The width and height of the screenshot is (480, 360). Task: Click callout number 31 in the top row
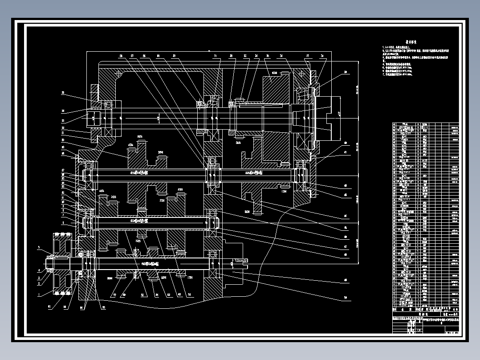[215, 56]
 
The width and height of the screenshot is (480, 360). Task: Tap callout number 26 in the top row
[120, 56]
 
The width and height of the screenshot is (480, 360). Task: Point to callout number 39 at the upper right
[345, 72]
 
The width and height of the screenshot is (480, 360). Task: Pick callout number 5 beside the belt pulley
[39, 247]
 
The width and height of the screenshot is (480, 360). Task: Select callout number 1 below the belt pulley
[39, 294]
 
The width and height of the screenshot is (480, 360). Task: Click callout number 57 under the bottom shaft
[114, 295]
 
